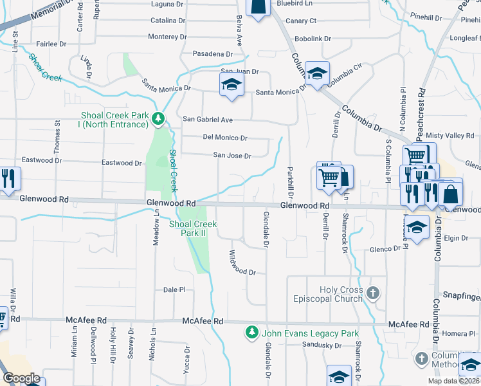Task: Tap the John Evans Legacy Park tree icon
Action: (251, 333)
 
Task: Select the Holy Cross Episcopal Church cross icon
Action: (372, 294)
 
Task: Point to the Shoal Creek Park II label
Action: (193, 228)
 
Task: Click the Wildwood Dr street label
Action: (242, 264)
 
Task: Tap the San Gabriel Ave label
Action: (208, 120)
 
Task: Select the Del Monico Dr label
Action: (225, 138)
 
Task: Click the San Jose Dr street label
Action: (232, 156)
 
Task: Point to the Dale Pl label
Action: (174, 290)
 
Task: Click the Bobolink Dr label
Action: (313, 39)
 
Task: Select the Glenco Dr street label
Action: (386, 250)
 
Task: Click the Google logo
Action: (21, 378)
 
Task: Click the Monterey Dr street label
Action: (167, 37)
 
